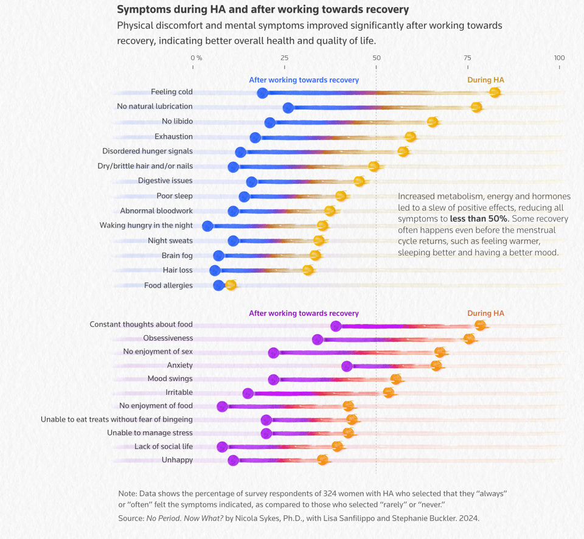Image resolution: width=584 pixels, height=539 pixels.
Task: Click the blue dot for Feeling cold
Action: (x=262, y=93)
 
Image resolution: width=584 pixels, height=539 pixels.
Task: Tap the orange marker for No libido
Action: (x=433, y=122)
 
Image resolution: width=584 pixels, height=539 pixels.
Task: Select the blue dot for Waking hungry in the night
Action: (x=207, y=226)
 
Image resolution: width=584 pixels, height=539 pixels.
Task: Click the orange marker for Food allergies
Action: (x=230, y=285)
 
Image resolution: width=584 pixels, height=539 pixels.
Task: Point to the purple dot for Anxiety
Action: (x=347, y=366)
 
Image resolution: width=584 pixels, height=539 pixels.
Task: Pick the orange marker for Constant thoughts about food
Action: (x=480, y=325)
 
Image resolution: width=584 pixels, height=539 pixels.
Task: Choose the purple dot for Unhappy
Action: (x=233, y=461)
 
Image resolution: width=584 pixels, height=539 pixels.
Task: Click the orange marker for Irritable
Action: (x=389, y=392)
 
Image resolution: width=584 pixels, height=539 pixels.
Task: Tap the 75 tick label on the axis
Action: (x=468, y=58)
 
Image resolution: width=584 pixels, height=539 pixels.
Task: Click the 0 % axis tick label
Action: (x=196, y=58)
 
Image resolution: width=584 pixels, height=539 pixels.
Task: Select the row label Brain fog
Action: (x=177, y=256)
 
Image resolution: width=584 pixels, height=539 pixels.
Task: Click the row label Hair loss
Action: (x=178, y=270)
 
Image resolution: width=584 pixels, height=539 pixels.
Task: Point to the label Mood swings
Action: (x=170, y=378)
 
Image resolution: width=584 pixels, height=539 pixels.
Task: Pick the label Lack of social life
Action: (x=164, y=447)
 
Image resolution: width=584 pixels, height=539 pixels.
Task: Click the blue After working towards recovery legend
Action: (x=304, y=80)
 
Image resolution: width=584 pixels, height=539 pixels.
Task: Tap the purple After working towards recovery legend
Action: (x=304, y=313)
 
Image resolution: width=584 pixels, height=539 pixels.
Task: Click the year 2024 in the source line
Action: (x=469, y=518)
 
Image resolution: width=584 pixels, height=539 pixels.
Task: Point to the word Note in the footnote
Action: (x=127, y=492)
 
